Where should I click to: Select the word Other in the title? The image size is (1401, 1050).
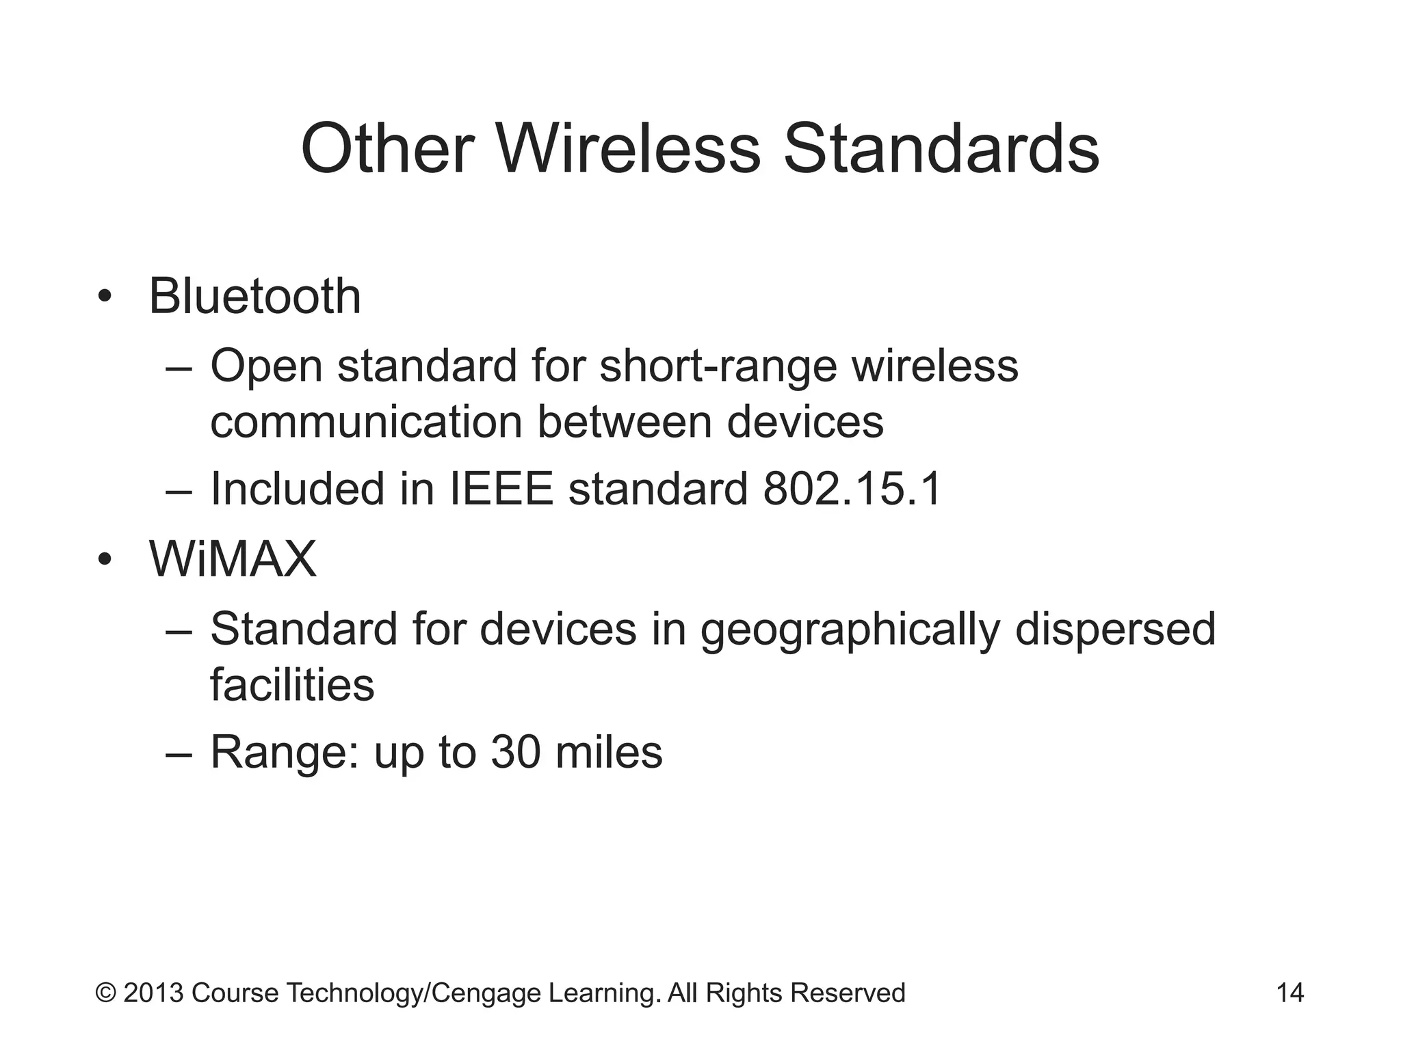point(387,149)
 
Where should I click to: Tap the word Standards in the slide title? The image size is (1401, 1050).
point(941,149)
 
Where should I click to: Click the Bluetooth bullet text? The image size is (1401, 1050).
point(254,297)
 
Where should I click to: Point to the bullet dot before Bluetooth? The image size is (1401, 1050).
point(104,297)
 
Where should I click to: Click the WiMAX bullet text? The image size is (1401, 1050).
point(233,559)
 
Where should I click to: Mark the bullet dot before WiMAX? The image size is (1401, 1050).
point(104,560)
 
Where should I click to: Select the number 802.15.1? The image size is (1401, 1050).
point(852,489)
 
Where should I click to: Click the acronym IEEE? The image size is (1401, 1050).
point(501,489)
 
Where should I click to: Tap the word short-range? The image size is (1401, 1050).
point(718,366)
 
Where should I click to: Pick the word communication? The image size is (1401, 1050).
point(367,422)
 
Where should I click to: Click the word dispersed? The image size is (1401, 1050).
point(1115,629)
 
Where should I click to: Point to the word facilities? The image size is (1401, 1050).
point(292,684)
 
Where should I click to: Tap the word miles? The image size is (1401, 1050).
point(609,752)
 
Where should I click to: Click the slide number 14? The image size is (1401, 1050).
point(1290,993)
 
